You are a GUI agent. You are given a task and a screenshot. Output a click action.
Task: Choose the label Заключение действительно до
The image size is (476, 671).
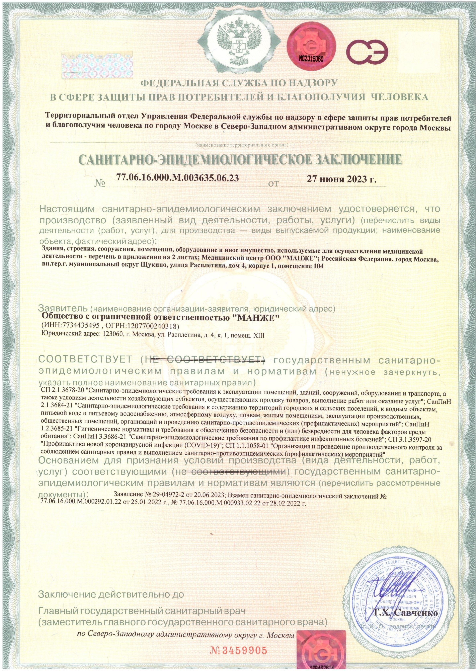[111, 570]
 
